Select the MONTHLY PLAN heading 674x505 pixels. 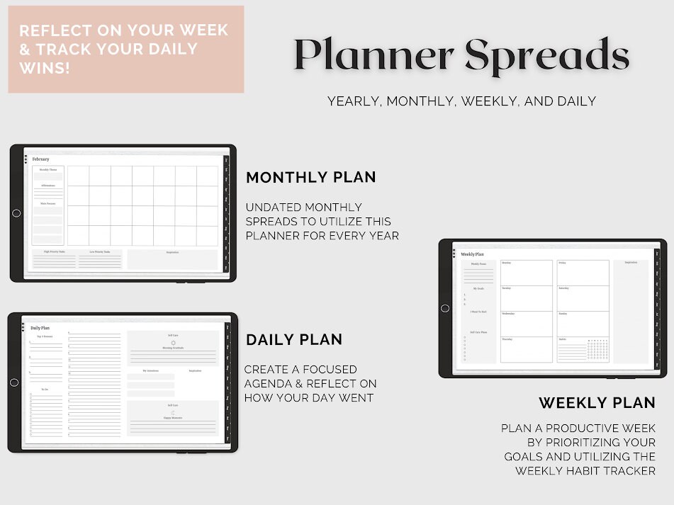point(310,177)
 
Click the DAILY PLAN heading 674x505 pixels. point(294,340)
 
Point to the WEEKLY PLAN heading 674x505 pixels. point(597,403)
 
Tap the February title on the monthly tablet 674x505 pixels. point(41,159)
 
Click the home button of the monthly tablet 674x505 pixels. point(16,213)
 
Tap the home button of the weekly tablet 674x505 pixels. point(445,308)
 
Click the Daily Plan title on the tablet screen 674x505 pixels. point(40,328)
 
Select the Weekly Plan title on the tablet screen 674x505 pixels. point(472,254)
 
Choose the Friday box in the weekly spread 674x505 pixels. point(583,273)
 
